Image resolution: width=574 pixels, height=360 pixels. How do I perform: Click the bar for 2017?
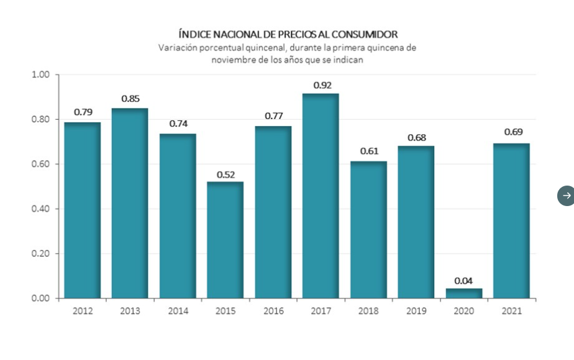[x=321, y=196]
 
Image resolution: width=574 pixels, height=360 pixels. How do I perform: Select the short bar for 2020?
[x=463, y=293]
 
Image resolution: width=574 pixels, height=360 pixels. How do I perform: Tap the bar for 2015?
[x=225, y=240]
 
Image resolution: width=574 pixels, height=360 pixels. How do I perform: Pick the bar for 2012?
[x=83, y=210]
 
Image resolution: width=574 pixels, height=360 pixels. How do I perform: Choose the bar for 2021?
[x=511, y=220]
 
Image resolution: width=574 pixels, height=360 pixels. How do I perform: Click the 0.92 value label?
[x=322, y=86]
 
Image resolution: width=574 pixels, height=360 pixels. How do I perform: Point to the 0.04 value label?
[x=463, y=281]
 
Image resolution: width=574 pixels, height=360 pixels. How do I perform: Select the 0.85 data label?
[x=130, y=98]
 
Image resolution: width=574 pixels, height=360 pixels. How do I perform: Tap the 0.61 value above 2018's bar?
[x=369, y=151]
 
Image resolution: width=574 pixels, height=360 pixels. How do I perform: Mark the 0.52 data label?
[x=225, y=174]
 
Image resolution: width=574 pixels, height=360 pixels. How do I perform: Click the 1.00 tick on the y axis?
[x=40, y=75]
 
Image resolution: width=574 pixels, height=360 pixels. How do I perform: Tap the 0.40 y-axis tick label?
[x=40, y=209]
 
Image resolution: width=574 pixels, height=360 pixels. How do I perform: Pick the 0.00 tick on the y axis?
[x=40, y=299]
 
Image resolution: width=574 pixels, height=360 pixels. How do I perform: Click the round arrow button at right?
[x=566, y=196]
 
